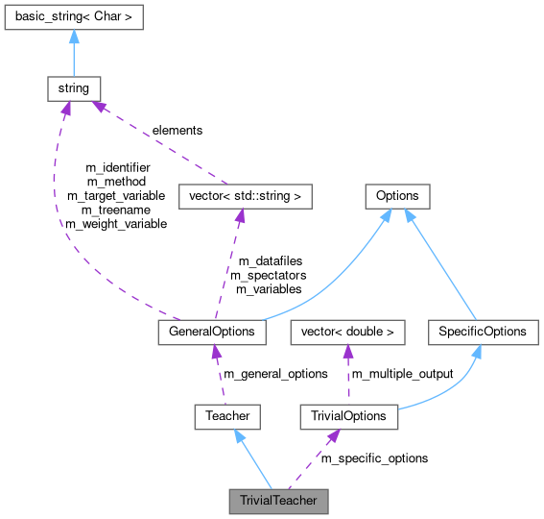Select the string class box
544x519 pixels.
click(74, 88)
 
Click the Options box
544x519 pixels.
click(397, 196)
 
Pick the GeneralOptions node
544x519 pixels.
click(212, 332)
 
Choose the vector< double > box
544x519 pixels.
click(347, 332)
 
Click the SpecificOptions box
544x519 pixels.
click(484, 332)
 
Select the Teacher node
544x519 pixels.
click(227, 416)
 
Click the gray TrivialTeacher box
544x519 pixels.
click(278, 501)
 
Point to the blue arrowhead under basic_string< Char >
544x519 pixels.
click(74, 37)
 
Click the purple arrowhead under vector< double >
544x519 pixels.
click(347, 351)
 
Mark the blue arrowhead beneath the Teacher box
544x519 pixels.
click(237, 435)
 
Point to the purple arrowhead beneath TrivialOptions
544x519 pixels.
click(332, 435)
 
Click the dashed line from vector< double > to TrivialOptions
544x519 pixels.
click(347, 380)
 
